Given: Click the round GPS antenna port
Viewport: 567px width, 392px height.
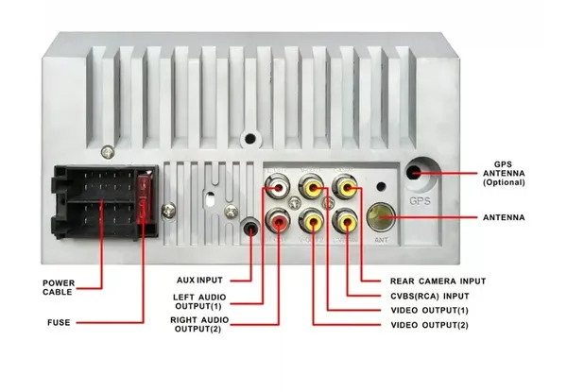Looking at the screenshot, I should click(x=417, y=175).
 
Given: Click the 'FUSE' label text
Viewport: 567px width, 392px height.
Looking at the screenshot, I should click(x=59, y=322).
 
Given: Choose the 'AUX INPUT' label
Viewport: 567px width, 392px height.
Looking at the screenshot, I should click(x=199, y=281).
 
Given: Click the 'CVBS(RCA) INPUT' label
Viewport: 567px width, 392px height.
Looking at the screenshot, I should click(x=431, y=296).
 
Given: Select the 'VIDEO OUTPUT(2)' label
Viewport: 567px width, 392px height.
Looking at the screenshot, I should click(x=428, y=325).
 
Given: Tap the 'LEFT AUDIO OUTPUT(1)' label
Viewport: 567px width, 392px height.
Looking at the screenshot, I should click(x=201, y=303).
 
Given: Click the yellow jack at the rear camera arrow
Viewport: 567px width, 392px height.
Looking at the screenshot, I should click(x=348, y=190).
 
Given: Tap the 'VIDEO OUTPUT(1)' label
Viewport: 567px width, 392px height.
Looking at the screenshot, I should click(x=428, y=311).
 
